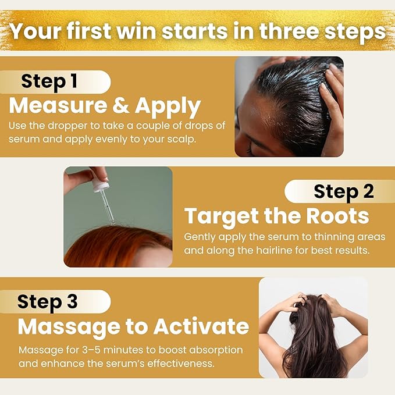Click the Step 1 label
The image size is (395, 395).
point(49,81)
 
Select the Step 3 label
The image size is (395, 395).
point(47,302)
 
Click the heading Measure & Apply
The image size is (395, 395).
point(105,106)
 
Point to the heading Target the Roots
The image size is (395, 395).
point(276,216)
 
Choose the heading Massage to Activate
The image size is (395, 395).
point(133,326)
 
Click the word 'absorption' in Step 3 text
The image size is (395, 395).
point(212,351)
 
